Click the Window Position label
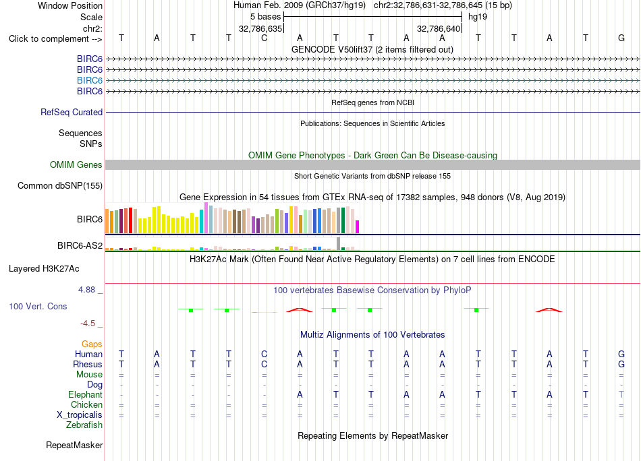[x=70, y=5]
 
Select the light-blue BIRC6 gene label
[x=90, y=80]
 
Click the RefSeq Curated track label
[x=72, y=113]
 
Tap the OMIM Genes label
[x=76, y=164]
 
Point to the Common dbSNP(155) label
[x=60, y=186]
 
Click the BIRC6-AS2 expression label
[x=80, y=245]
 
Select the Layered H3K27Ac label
[x=44, y=269]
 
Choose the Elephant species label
[x=86, y=395]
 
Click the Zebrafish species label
[x=84, y=425]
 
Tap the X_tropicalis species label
[x=80, y=415]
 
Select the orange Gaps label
[x=92, y=344]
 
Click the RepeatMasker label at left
[x=74, y=445]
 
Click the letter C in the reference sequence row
[x=264, y=38]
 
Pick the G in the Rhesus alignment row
[x=621, y=364]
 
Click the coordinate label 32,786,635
[x=260, y=28]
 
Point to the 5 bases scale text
[x=266, y=17]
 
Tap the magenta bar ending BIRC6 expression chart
[x=358, y=227]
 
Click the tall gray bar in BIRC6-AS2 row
[x=339, y=243]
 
